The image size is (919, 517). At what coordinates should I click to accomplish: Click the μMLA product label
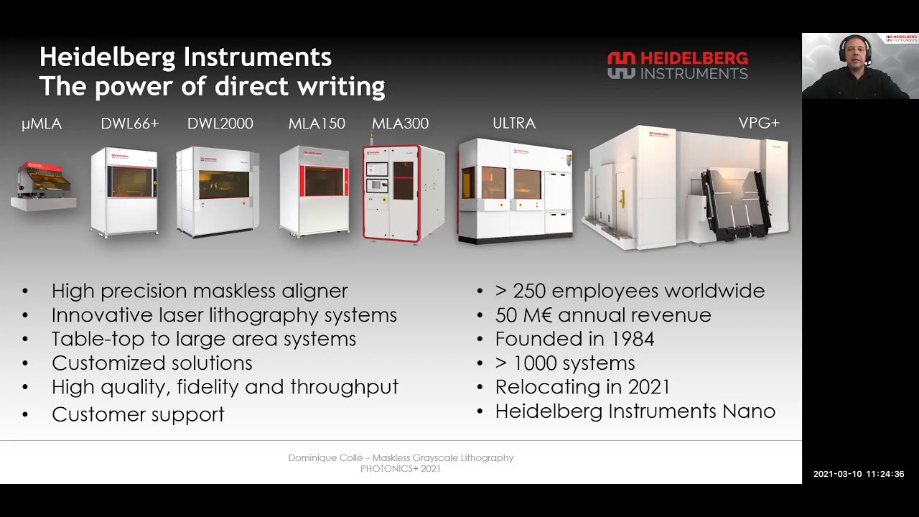coord(42,124)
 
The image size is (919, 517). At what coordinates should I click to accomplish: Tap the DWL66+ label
coord(129,124)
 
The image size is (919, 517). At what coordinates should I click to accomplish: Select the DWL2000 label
coord(220,124)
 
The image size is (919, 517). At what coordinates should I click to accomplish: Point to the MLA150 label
coord(317,124)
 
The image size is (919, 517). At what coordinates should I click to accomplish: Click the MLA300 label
coord(400,124)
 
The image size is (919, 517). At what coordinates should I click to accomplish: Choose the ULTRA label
coord(514,124)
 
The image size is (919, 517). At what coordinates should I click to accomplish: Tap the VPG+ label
coord(759,124)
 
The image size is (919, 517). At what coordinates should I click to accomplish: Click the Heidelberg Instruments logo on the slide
coord(677,65)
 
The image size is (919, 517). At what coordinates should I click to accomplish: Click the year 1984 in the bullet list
coord(629,339)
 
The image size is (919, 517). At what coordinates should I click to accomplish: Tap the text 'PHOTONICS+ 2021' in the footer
coord(401,469)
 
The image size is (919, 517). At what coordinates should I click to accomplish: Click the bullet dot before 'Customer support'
coord(26,415)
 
